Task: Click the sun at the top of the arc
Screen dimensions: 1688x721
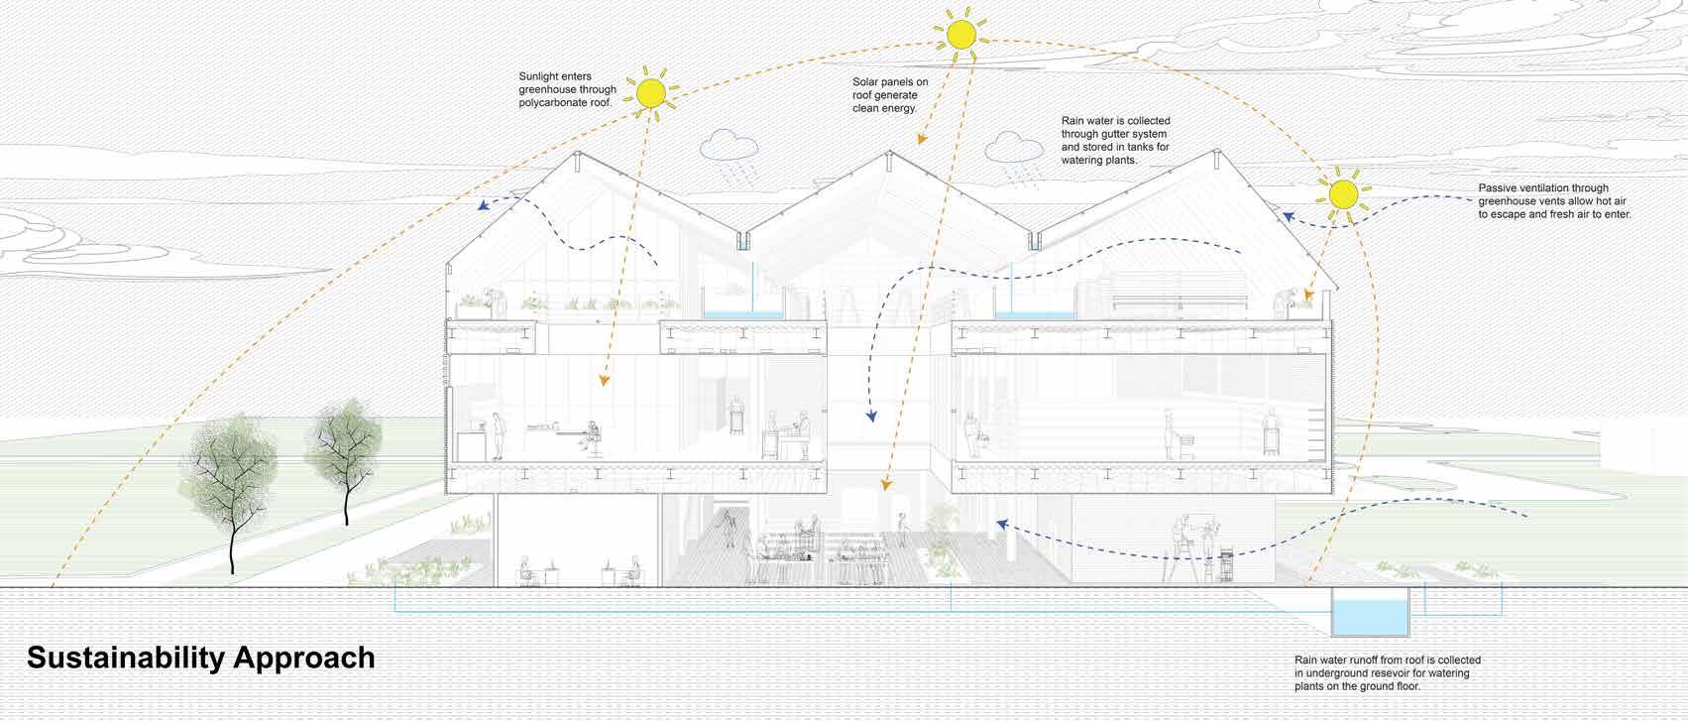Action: pyautogui.click(x=958, y=35)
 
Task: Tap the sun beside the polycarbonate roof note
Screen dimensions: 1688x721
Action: pyautogui.click(x=651, y=93)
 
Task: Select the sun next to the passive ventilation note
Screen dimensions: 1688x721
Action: pyautogui.click(x=1342, y=193)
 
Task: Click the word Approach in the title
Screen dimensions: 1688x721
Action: pyautogui.click(x=312, y=659)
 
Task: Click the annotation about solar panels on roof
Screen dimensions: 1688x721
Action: pyautogui.click(x=885, y=94)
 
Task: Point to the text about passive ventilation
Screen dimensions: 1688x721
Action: pyautogui.click(x=1553, y=200)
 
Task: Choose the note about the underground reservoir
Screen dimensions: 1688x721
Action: pyautogui.click(x=1387, y=673)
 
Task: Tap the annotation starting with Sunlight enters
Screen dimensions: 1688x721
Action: pyautogui.click(x=567, y=89)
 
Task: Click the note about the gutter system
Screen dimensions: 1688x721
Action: pyautogui.click(x=1115, y=140)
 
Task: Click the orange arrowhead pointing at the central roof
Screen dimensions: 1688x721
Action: pyautogui.click(x=920, y=139)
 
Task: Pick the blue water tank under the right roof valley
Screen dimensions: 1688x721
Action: pyautogui.click(x=1034, y=311)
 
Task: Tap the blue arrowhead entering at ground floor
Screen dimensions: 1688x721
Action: pyautogui.click(x=1002, y=524)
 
